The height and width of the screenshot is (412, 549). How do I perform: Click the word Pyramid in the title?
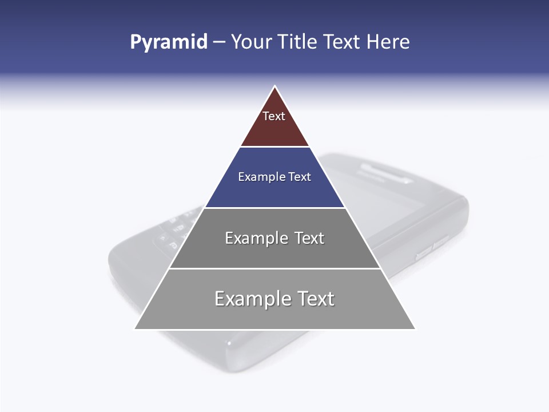169,42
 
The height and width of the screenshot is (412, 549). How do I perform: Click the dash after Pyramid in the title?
219,42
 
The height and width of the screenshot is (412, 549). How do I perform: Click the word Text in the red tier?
274,116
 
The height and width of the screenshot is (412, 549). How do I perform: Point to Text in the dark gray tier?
309,238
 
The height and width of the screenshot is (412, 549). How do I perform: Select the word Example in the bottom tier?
251,299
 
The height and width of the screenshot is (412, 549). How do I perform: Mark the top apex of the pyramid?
274,86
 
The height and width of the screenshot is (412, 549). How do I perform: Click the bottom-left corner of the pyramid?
135,328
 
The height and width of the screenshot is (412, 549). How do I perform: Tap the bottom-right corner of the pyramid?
415,328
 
